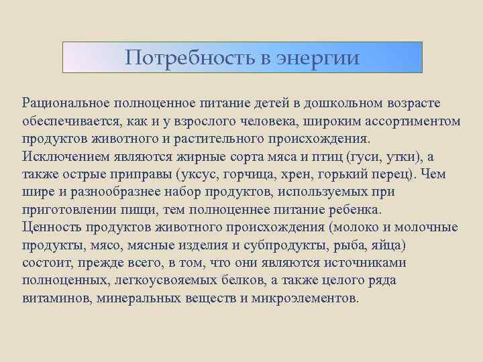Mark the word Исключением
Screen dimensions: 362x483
point(61,156)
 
